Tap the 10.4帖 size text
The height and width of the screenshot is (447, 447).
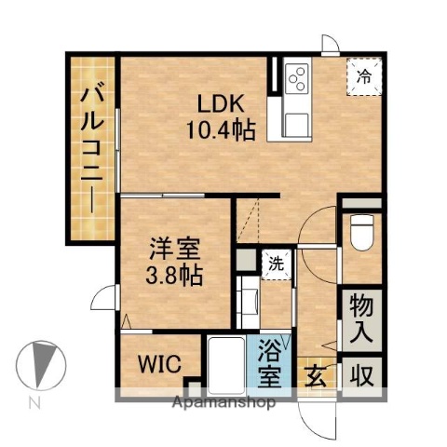click(223, 130)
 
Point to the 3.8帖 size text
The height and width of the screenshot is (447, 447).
click(175, 276)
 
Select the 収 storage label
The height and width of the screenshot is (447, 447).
click(360, 376)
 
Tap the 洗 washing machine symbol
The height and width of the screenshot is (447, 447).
click(276, 263)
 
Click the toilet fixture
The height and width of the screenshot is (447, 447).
click(361, 233)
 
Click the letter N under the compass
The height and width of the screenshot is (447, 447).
click(34, 403)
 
